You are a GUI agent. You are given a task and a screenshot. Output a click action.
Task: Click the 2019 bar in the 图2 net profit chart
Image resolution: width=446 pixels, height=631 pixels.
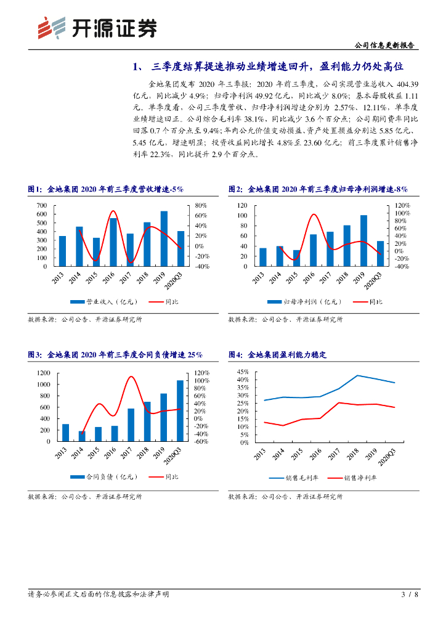click(363, 241)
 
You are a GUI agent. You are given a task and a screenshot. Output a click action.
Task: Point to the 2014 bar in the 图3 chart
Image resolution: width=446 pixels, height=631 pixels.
click(82, 436)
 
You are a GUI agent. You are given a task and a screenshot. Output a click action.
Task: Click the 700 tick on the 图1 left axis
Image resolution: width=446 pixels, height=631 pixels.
click(41, 205)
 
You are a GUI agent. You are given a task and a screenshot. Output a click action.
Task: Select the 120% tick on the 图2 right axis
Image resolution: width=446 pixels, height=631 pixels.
click(402, 205)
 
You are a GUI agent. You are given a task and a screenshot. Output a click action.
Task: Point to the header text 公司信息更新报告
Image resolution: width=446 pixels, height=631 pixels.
click(384, 46)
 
